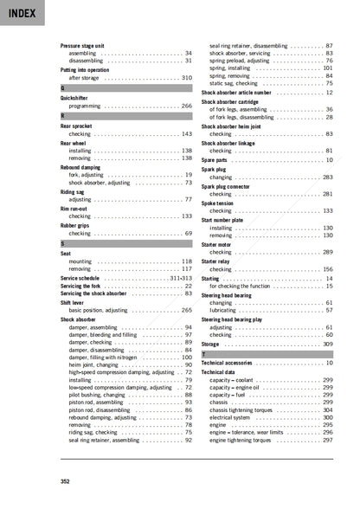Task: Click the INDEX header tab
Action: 18,13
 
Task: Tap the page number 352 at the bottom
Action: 65,481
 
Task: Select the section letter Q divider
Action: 62,88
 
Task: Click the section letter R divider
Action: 62,115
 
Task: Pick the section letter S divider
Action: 62,243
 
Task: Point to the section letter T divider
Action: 203,355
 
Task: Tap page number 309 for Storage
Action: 328,345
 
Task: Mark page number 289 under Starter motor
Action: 328,252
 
